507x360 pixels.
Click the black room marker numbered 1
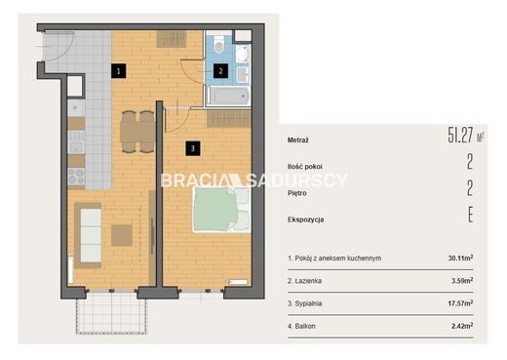point(118,71)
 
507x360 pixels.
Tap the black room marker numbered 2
point(220,70)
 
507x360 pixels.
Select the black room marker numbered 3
point(193,148)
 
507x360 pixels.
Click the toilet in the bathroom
point(219,45)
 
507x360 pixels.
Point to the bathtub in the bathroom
point(228,96)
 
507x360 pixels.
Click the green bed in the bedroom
point(221,210)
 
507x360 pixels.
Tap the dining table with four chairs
point(137,132)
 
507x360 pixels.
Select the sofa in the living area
point(88,235)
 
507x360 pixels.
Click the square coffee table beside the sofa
point(122,235)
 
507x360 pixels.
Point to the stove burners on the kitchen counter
point(76,177)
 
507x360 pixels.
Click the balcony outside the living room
point(111,312)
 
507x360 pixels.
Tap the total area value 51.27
point(460,135)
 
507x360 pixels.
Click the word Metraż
point(298,140)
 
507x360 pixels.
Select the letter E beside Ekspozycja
point(470,215)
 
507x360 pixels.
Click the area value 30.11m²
point(460,259)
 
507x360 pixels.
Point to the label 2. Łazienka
point(304,281)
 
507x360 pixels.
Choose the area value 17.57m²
point(460,303)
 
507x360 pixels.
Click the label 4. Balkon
point(301,326)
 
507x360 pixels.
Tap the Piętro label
point(297,193)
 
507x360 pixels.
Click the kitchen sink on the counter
point(76,142)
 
